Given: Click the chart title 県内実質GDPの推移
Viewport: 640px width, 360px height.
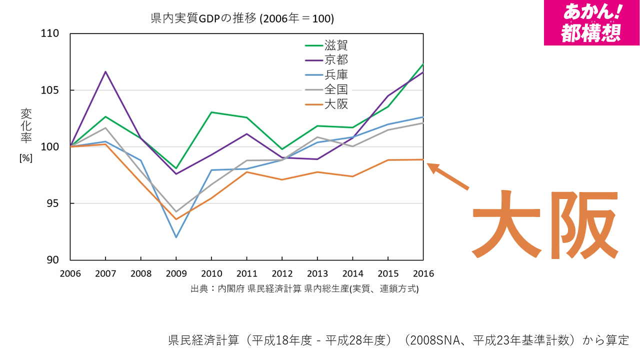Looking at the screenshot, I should pos(242,19).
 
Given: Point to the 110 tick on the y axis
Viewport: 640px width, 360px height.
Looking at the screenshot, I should pos(50,33).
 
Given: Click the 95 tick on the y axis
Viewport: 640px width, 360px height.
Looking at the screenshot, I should pos(52,203).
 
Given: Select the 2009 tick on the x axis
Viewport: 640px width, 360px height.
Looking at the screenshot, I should pos(176,273).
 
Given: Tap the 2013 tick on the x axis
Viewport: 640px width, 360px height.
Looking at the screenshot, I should pos(317,273).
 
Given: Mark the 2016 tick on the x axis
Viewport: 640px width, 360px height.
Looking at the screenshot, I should pos(423,273).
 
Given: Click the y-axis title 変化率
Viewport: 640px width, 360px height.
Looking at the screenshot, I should pos(26,126).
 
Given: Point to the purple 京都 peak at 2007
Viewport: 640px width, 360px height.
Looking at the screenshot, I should pos(105,71).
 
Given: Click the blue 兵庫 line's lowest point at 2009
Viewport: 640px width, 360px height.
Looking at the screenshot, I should pos(176,237).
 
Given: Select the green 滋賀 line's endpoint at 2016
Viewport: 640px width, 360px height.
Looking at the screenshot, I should pos(423,64).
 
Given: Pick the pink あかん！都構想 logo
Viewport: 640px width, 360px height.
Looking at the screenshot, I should pos(591,22).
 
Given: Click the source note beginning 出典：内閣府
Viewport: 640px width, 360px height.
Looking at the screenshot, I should pos(304,289).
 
